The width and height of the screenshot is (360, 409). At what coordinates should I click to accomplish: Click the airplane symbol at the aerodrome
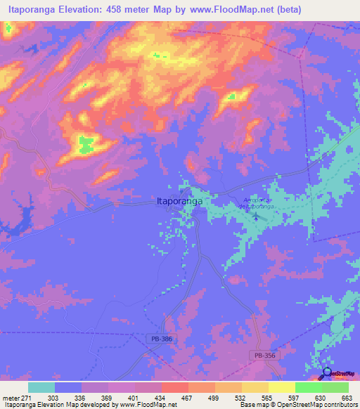pos(255,216)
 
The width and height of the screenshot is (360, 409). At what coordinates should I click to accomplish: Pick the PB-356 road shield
pos(265,356)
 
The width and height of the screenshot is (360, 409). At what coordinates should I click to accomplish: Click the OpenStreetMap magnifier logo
pos(327,373)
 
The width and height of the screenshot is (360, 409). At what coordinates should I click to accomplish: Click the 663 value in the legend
pos(347,398)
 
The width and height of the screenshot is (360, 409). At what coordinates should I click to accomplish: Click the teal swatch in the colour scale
pos(41,387)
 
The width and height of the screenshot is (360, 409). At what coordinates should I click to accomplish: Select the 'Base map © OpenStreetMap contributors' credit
pos(298,405)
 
